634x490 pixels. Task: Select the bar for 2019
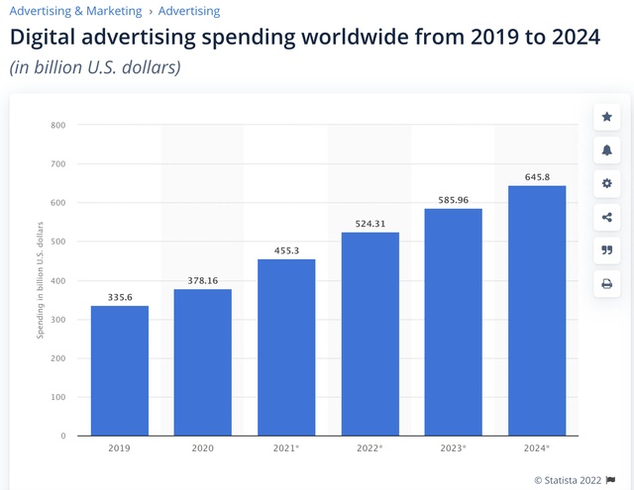pos(120,370)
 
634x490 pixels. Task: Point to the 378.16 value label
pos(203,280)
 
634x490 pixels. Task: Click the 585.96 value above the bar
pos(454,200)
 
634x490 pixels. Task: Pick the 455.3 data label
pos(286,250)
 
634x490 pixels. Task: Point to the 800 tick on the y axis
pos(57,126)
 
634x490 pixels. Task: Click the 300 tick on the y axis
pos(57,320)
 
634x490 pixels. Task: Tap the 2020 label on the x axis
pos(203,448)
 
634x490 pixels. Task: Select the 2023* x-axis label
pos(454,448)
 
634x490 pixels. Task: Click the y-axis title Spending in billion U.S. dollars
pos(41,280)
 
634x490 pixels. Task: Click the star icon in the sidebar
pos(606,117)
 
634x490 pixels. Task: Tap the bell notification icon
pos(606,150)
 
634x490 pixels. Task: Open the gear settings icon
pos(606,184)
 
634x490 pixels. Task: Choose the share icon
pos(606,218)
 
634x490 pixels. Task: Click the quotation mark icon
pos(606,251)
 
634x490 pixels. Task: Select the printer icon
pos(606,285)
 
